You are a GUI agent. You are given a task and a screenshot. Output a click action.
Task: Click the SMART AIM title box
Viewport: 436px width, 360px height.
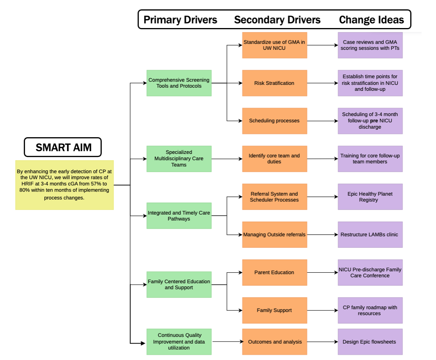[x=63, y=147]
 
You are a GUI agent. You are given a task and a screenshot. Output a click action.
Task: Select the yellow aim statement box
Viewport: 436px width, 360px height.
[x=65, y=185]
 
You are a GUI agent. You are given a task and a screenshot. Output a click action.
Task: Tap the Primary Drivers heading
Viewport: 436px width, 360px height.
[x=180, y=20]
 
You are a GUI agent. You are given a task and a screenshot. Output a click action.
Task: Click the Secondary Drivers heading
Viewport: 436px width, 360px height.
[x=277, y=20]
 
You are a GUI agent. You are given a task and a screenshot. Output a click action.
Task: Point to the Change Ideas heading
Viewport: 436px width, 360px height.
[x=371, y=20]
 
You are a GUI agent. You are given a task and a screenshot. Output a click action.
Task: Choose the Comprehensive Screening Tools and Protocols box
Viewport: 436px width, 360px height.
[x=179, y=83]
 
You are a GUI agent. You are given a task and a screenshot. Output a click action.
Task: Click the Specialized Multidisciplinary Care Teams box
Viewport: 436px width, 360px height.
[x=179, y=159]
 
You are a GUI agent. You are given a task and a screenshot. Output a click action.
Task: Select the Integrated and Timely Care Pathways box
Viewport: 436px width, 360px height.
[x=179, y=216]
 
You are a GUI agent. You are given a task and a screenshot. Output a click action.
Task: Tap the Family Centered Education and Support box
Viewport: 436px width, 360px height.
[x=179, y=284]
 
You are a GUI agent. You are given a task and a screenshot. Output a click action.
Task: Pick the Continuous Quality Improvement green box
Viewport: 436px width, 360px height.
[x=179, y=342]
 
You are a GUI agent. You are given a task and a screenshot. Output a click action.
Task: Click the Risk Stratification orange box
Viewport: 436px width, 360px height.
[x=275, y=83]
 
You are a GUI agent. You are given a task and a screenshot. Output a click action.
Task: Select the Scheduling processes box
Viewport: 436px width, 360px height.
[x=275, y=121]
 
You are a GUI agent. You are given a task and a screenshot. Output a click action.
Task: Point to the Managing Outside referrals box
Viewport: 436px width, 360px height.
[x=275, y=235]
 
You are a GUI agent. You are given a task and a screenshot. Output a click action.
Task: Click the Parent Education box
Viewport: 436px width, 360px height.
[x=275, y=272]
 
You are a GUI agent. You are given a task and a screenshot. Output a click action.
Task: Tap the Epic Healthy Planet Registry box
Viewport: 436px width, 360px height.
[x=370, y=196]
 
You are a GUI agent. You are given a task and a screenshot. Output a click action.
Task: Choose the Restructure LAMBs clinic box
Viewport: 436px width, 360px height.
[x=370, y=235]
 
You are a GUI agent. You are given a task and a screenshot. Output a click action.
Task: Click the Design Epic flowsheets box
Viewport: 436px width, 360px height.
[x=370, y=342]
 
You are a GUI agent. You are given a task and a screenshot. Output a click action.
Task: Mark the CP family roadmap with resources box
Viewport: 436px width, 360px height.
[x=370, y=310]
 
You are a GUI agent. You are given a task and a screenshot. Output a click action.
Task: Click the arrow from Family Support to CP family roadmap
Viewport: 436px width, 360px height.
[x=323, y=310]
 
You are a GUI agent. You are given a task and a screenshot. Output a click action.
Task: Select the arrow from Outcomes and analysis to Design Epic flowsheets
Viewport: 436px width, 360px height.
[x=323, y=342]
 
